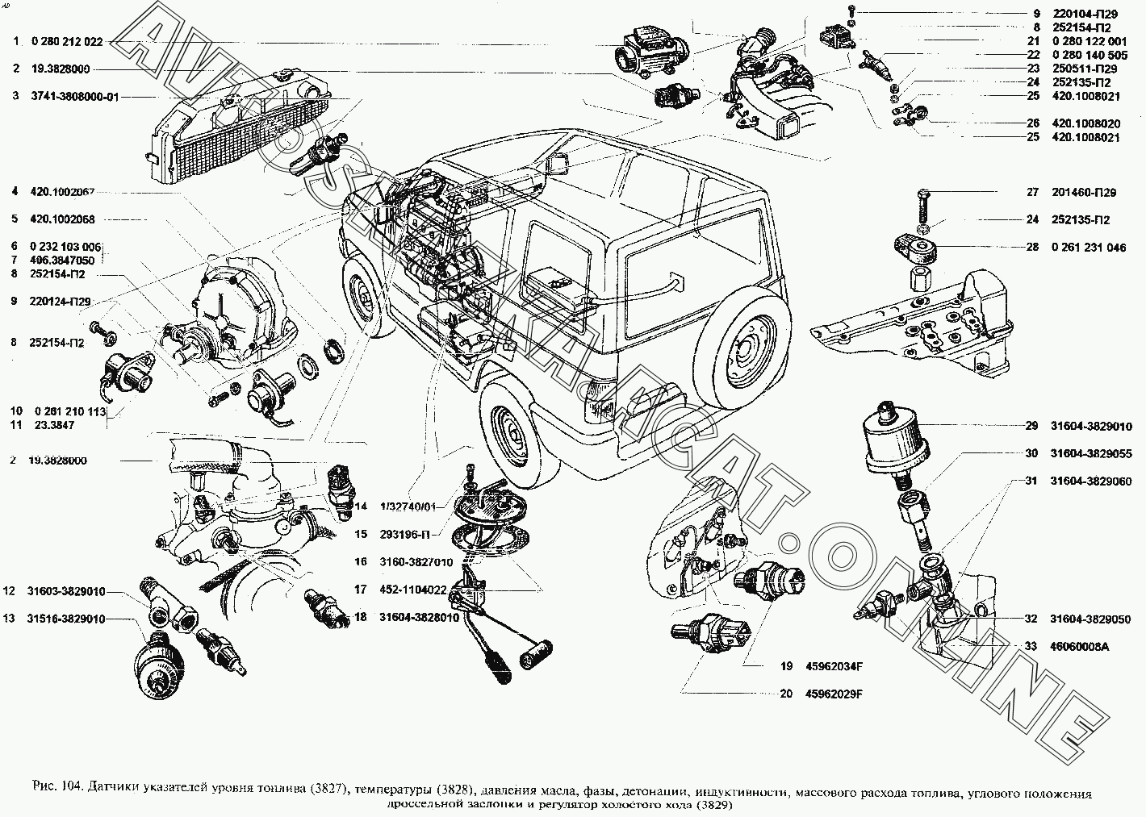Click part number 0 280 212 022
pos(67,42)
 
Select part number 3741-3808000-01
pos(75,97)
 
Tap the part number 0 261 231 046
pos(1089,248)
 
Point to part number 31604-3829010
pos(1096,427)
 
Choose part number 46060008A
pos(1080,646)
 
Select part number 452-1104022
pos(412,590)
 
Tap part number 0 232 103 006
pos(66,246)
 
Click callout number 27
pos(1031,193)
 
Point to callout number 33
pos(1031,646)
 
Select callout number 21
pos(1033,40)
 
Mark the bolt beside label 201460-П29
pos(924,204)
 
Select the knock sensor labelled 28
pos(914,245)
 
